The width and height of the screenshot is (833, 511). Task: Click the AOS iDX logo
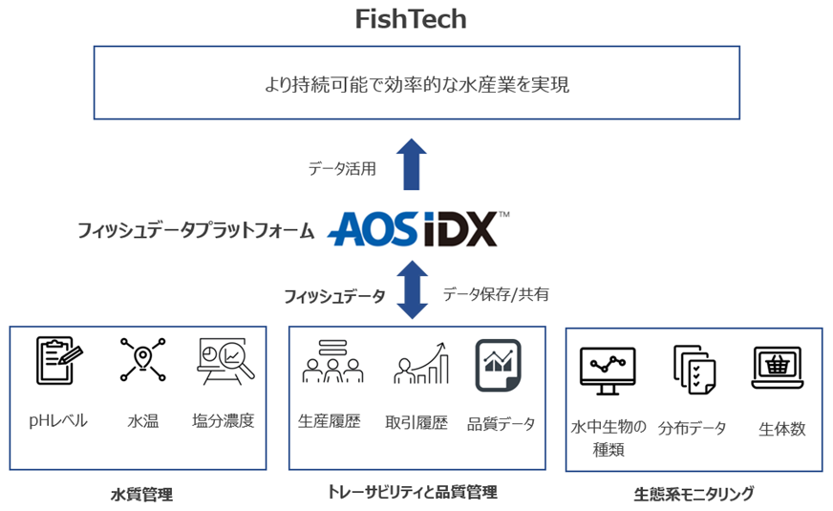[419, 229]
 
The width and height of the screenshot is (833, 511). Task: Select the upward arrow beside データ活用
[412, 163]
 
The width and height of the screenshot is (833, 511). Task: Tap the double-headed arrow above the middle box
[412, 291]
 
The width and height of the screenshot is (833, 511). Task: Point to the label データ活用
[341, 168]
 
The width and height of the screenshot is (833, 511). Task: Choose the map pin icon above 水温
[142, 360]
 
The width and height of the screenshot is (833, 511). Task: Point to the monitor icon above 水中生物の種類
[608, 369]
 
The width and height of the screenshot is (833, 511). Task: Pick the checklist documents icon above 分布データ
[693, 369]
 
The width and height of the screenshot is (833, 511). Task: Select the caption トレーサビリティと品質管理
[412, 493]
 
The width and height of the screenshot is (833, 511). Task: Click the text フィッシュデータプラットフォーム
[196, 230]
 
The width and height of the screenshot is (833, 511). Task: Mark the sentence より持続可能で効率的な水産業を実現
[416, 84]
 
